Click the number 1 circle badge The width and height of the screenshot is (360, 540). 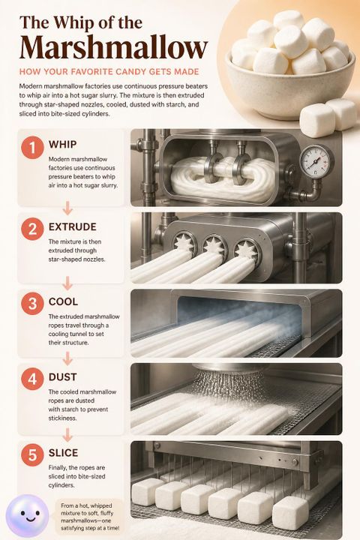[32, 148]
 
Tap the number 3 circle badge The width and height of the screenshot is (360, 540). [32, 304]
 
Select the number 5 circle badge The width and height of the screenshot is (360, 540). [32, 454]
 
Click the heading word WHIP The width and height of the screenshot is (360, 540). [63, 144]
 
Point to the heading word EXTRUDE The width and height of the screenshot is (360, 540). [73, 227]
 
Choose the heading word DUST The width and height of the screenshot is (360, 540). [63, 377]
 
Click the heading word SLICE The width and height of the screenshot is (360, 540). [64, 453]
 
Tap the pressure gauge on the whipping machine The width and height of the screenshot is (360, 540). [316, 160]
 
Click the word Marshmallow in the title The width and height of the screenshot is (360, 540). [114, 47]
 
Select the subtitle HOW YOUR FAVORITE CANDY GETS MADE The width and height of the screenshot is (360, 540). [109, 72]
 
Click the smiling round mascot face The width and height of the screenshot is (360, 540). [28, 515]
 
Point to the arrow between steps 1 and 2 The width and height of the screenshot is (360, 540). [67, 208]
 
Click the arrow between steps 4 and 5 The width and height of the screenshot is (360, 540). [67, 434]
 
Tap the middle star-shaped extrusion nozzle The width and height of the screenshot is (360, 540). [214, 246]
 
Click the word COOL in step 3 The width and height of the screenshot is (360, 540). [63, 301]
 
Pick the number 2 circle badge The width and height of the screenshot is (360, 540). [32, 229]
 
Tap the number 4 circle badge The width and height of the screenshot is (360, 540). [32, 379]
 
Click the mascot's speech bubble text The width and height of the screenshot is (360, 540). [90, 517]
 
